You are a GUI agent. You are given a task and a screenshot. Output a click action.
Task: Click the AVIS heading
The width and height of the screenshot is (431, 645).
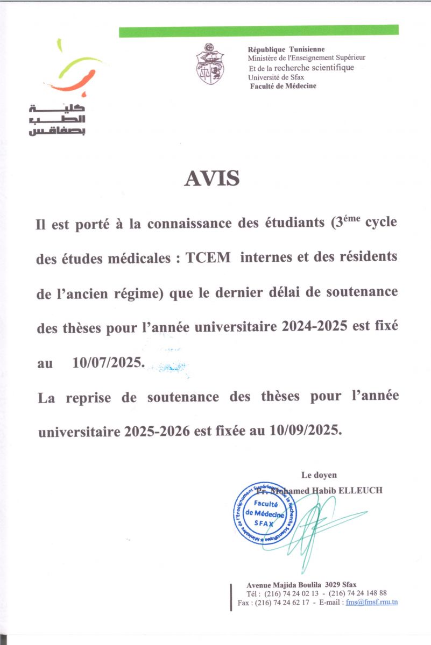click(x=212, y=178)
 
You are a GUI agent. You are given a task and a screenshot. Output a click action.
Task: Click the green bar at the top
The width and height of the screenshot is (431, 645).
click(x=258, y=31)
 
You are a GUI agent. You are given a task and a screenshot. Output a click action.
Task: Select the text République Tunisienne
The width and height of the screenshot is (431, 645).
click(x=286, y=49)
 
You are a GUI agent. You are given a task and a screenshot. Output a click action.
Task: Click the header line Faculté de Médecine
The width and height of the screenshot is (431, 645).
click(x=283, y=86)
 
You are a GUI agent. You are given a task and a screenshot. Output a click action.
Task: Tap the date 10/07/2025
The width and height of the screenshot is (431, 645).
click(x=108, y=363)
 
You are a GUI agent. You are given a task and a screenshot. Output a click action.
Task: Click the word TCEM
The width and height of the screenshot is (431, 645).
click(x=208, y=257)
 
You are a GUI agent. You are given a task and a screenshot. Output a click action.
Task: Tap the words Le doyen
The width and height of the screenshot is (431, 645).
click(x=319, y=475)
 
